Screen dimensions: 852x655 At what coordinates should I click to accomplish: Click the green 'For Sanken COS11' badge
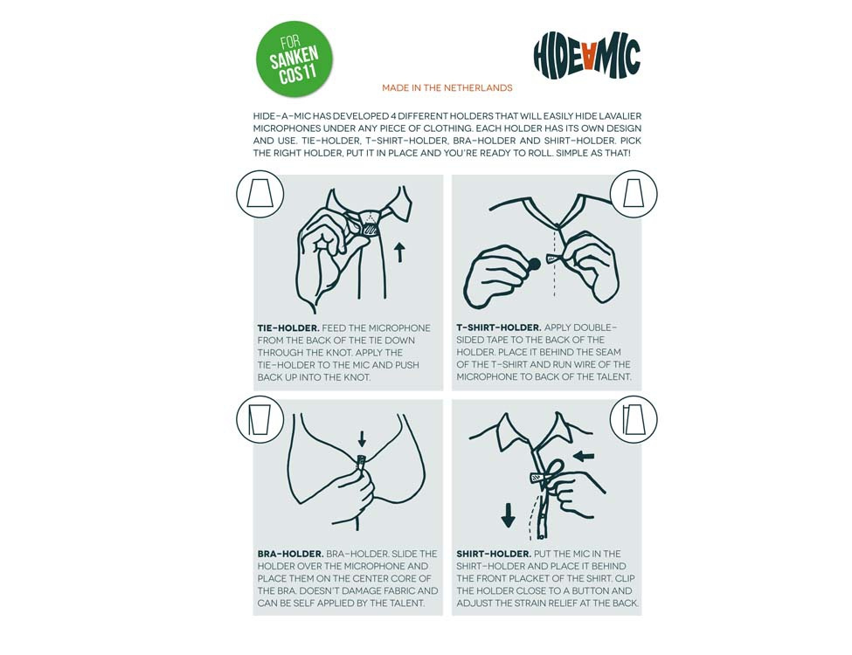pyautogui.click(x=294, y=59)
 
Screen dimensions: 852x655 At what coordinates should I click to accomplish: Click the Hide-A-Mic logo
pyautogui.click(x=587, y=55)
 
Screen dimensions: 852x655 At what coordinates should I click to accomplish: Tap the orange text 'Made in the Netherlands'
pyautogui.click(x=447, y=88)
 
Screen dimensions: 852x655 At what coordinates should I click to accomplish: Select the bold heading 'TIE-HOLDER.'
pyautogui.click(x=288, y=328)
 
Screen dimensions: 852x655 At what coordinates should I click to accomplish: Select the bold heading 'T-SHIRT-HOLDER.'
pyautogui.click(x=499, y=327)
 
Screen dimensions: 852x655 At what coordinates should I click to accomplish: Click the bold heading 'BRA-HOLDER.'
pyautogui.click(x=291, y=554)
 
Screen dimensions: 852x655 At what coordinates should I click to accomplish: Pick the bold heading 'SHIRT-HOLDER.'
pyautogui.click(x=494, y=554)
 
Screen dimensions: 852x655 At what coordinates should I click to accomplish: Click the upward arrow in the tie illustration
pyautogui.click(x=400, y=252)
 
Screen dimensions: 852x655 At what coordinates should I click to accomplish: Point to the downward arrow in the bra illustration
pyautogui.click(x=362, y=438)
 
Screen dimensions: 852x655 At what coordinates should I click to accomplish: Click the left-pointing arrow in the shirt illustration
pyautogui.click(x=584, y=456)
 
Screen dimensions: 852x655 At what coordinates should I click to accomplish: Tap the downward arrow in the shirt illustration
pyautogui.click(x=508, y=515)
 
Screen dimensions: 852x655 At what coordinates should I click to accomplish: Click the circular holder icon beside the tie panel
pyautogui.click(x=260, y=194)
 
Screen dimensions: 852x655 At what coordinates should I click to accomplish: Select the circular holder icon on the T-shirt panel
pyautogui.click(x=634, y=194)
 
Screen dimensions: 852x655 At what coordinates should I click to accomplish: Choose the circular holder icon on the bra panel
pyautogui.click(x=260, y=420)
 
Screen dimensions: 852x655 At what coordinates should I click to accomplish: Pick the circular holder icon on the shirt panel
pyautogui.click(x=634, y=420)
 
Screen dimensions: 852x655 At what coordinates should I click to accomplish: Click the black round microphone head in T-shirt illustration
pyautogui.click(x=534, y=265)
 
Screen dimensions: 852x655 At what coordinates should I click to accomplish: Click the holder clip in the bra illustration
pyautogui.click(x=360, y=462)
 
